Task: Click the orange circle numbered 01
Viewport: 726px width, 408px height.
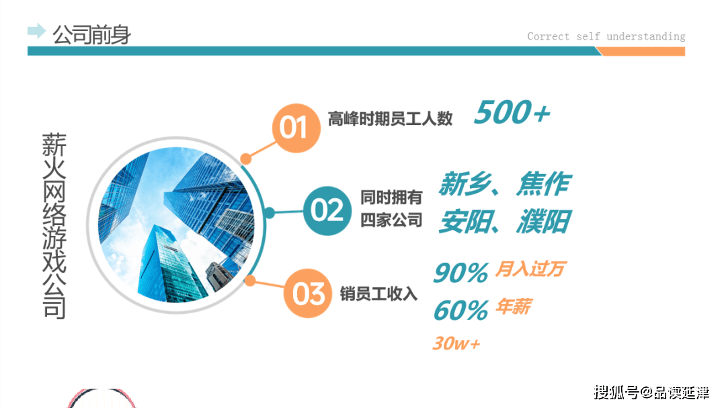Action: (x=296, y=128)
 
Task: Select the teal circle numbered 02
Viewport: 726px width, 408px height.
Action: (x=327, y=210)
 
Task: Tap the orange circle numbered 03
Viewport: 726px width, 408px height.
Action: (x=308, y=293)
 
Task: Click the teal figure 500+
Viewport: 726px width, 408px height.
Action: (x=512, y=112)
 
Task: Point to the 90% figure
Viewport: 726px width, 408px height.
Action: (x=460, y=272)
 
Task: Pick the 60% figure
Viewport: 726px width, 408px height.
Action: (x=460, y=310)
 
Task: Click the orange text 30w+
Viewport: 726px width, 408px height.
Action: (x=456, y=343)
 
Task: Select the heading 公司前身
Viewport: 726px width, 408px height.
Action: (x=91, y=35)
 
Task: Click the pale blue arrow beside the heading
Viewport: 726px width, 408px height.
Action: (x=36, y=31)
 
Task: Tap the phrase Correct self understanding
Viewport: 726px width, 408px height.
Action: (x=606, y=36)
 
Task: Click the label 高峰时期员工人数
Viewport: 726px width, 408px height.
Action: (x=391, y=118)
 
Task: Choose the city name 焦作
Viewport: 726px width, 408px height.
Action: (x=544, y=184)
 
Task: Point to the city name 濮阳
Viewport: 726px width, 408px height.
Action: (x=544, y=221)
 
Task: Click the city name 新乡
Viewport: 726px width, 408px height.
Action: (x=465, y=184)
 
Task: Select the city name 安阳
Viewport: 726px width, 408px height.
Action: (x=465, y=221)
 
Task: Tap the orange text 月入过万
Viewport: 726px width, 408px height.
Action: (x=530, y=269)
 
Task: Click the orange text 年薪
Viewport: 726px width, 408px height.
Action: (x=514, y=307)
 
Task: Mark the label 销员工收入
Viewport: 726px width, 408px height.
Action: (x=378, y=294)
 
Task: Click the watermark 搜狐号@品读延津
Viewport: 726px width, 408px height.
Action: (x=651, y=393)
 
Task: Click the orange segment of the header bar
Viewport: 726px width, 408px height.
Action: (x=642, y=51)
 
